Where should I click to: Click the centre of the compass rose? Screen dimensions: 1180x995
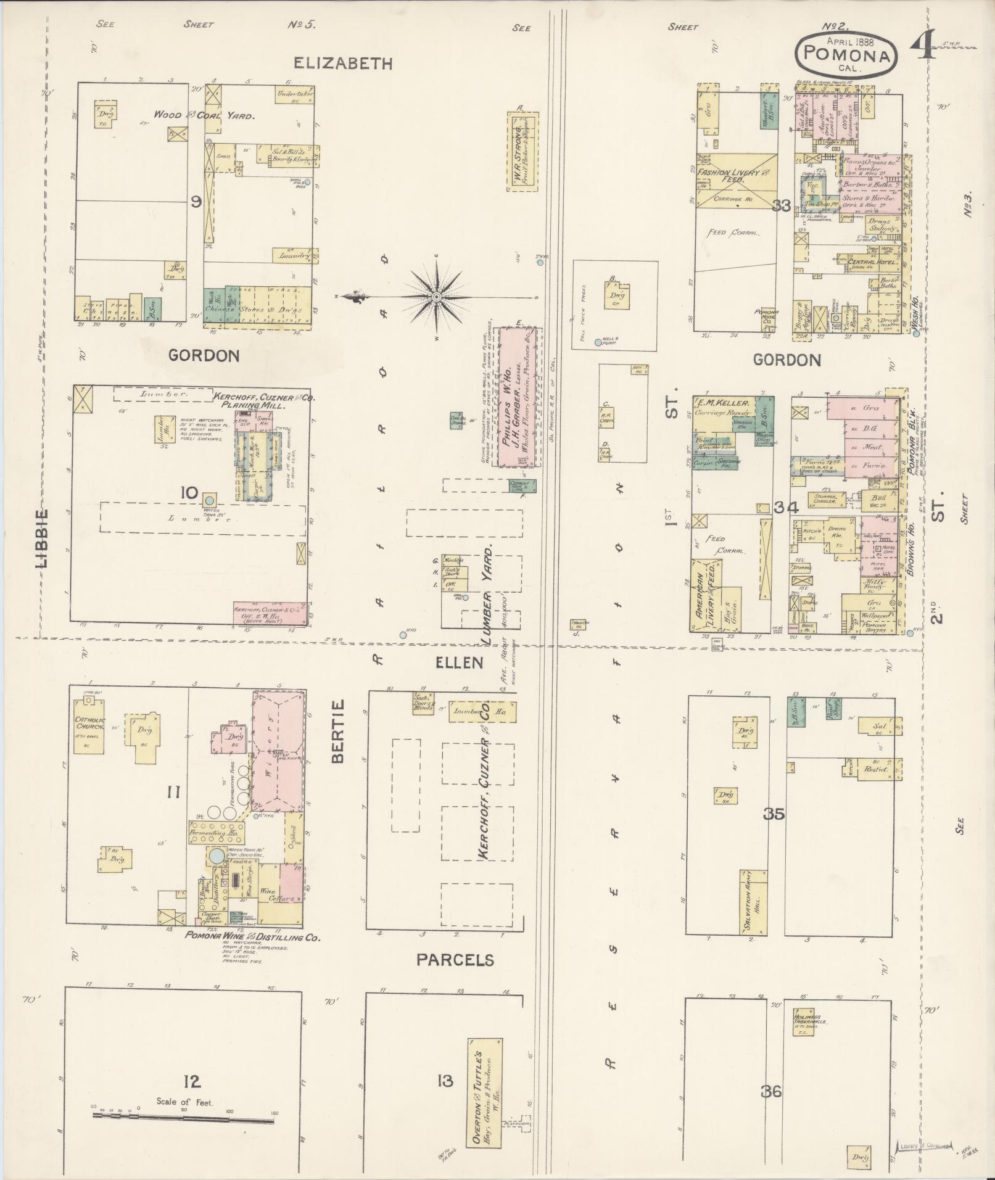436,297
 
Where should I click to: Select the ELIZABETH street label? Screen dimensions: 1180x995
343,63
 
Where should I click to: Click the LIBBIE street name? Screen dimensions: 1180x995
43,536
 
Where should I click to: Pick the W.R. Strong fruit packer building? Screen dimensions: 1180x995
522,152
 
